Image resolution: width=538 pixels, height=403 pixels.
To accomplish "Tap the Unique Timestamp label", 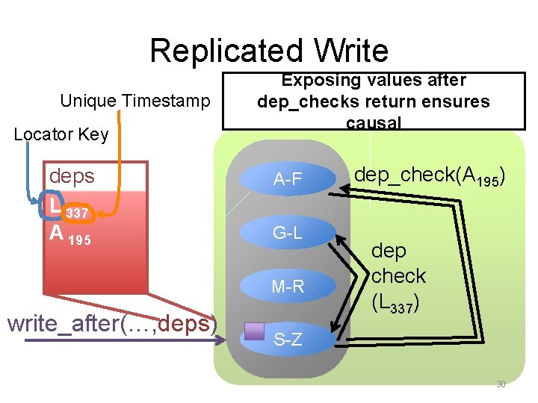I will pos(135,101).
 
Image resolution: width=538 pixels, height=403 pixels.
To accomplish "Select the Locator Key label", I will pos(61,134).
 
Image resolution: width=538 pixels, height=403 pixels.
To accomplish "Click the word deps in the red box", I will pos(72,176).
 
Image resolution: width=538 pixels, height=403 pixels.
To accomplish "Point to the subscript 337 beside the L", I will pos(78,214).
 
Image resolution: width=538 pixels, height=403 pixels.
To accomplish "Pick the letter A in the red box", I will pos(56,234).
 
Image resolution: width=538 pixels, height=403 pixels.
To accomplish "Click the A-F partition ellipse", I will pos(287,179).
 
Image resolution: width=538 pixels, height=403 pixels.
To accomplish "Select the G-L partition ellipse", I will pos(287,233).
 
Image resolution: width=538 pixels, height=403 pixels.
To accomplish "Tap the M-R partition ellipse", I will pos(287,286).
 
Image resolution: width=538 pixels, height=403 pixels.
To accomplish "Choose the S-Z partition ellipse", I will pos(288,340).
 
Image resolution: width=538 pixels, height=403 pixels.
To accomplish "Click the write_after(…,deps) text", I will pos(112,323).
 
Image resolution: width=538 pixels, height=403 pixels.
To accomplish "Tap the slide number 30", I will pos(501,384).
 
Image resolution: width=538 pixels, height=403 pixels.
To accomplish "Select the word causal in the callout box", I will pos(374,122).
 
